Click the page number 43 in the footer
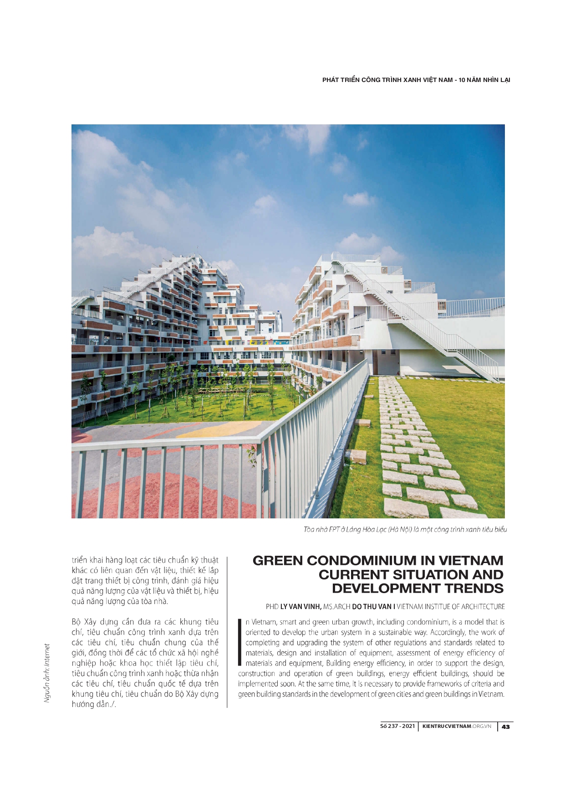point(505,727)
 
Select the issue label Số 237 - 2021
point(397,726)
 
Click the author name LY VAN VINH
point(300,607)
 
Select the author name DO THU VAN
point(372,607)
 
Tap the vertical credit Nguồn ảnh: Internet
point(47,673)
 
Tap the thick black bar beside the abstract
point(240,642)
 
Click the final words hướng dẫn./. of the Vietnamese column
point(94,704)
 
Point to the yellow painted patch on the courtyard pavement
point(219,430)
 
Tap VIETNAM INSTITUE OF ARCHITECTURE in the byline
point(451,607)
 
